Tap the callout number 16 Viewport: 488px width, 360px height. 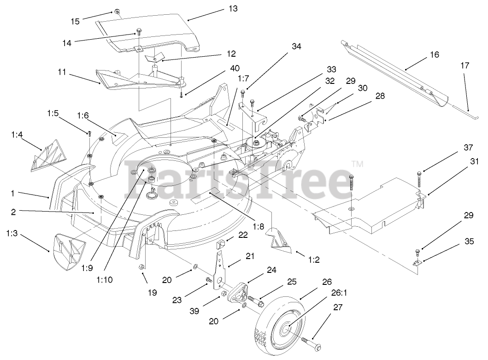(434, 54)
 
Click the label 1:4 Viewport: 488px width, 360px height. (17, 135)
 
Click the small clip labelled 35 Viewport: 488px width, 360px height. (418, 262)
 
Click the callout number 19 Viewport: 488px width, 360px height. (153, 292)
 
